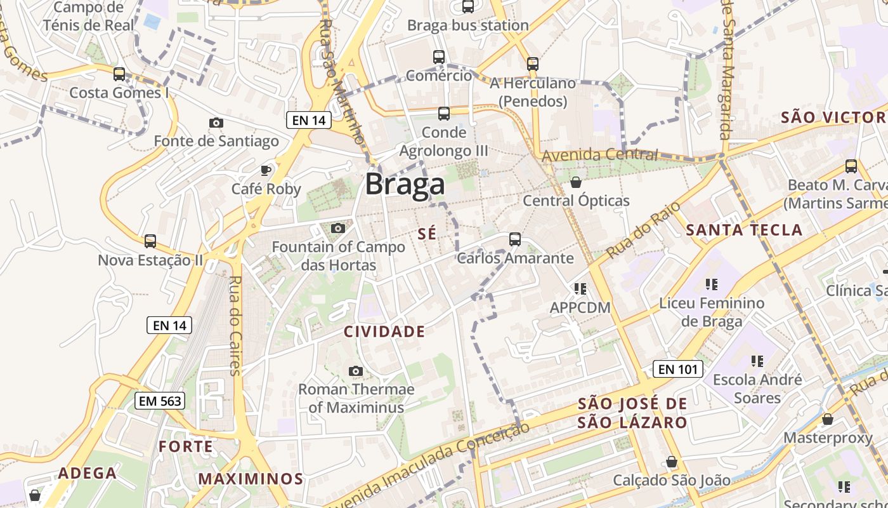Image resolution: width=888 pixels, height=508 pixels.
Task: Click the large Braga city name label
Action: click(405, 184)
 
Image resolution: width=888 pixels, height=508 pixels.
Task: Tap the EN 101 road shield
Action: click(677, 369)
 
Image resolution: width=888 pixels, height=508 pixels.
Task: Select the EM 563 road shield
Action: click(160, 401)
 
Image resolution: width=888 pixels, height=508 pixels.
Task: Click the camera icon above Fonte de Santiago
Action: click(216, 123)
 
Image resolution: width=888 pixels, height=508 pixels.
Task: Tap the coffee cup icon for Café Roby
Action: click(266, 170)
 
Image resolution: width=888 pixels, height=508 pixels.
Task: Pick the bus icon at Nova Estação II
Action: click(150, 241)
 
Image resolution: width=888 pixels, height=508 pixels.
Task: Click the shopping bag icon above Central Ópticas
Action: click(576, 182)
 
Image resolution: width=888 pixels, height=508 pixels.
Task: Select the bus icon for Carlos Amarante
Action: click(514, 239)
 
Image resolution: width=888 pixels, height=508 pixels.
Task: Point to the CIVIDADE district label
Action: click(384, 331)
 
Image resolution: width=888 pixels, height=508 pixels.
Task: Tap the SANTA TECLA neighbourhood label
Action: click(744, 230)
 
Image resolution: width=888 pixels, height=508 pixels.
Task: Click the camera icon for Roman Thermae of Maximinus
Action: click(356, 371)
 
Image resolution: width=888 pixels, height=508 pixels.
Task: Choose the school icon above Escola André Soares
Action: click(757, 361)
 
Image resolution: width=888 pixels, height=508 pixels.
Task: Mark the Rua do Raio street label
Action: click(644, 230)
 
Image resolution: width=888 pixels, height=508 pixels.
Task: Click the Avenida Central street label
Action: click(599, 154)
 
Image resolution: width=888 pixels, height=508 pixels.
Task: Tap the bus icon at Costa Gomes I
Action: click(119, 74)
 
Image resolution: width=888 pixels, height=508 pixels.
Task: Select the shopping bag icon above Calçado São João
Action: click(671, 462)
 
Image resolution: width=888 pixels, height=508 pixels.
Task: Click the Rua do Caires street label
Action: click(235, 325)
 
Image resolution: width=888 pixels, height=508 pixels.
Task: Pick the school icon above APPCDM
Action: click(580, 289)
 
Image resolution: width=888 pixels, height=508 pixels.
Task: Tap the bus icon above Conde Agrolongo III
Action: click(443, 114)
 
